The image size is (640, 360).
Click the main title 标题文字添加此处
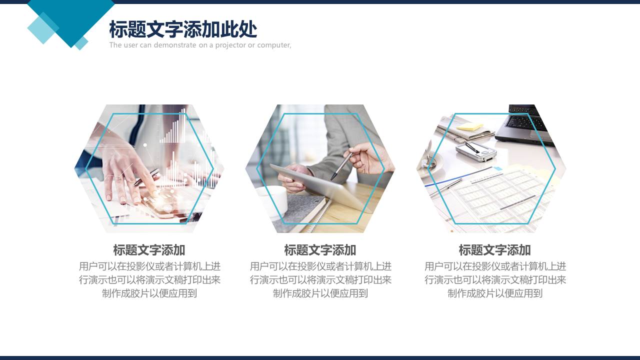(183, 30)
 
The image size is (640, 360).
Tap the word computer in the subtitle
(273, 45)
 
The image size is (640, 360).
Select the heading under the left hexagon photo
(149, 250)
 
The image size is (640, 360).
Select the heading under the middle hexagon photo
(320, 250)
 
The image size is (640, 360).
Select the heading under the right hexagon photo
(494, 250)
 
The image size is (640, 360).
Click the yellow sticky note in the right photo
(469, 127)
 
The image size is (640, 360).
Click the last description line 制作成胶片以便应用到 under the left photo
(149, 293)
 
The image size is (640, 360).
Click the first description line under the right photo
(495, 266)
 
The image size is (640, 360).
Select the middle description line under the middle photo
(320, 280)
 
